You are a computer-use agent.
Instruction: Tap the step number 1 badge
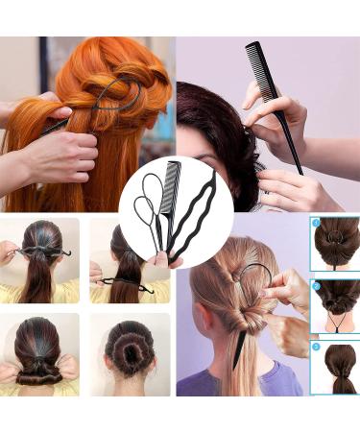(x=317, y=223)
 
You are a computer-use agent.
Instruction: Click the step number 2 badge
(x=317, y=285)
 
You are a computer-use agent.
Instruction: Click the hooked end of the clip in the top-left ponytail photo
(x=67, y=253)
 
